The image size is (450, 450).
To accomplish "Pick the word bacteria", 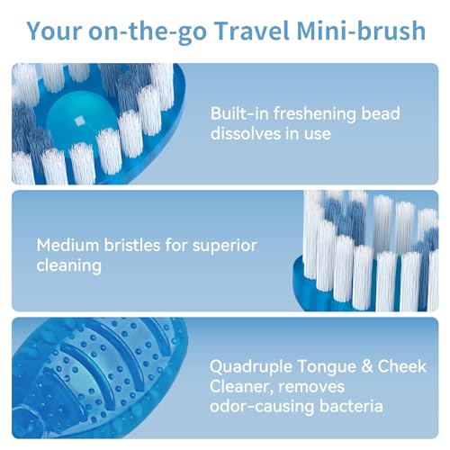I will click(x=355, y=407).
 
